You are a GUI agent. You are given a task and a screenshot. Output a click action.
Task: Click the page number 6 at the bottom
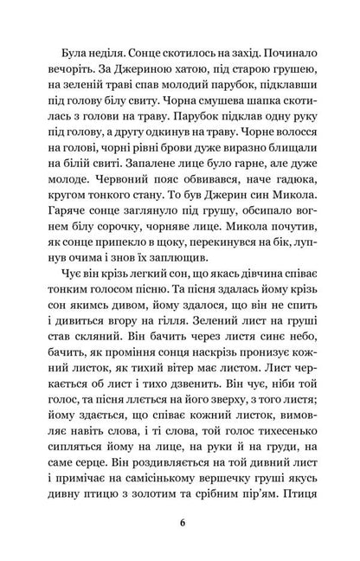point(180,521)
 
